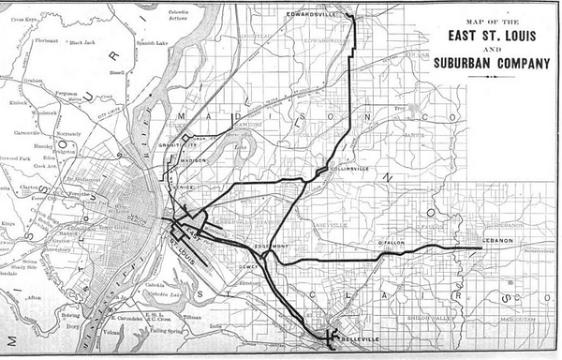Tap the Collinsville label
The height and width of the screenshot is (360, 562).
(349, 169)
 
